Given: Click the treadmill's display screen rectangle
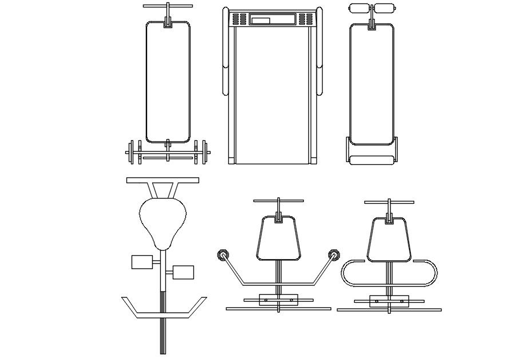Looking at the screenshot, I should [x=260, y=21].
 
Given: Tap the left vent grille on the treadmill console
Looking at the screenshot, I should [x=239, y=21].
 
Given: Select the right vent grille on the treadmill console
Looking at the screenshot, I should [x=306, y=21].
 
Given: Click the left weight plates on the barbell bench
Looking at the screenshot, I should [x=135, y=152].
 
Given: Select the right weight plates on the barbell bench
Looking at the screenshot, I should [x=201, y=152].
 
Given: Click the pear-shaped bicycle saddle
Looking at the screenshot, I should [x=163, y=220].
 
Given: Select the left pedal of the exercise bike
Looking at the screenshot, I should [x=141, y=262].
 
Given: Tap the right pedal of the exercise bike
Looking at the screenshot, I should [x=183, y=272].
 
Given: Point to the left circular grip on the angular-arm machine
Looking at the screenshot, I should [x=222, y=255].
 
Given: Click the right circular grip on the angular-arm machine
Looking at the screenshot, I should [x=333, y=255].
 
